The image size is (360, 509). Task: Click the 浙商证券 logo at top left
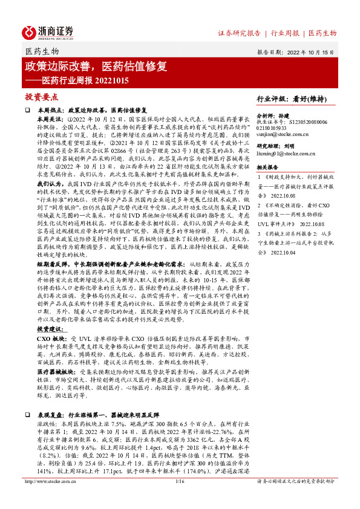click(48, 32)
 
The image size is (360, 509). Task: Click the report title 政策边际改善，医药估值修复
click(96, 65)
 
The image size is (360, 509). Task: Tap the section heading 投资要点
click(41, 97)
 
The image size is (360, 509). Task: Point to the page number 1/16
click(179, 498)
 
